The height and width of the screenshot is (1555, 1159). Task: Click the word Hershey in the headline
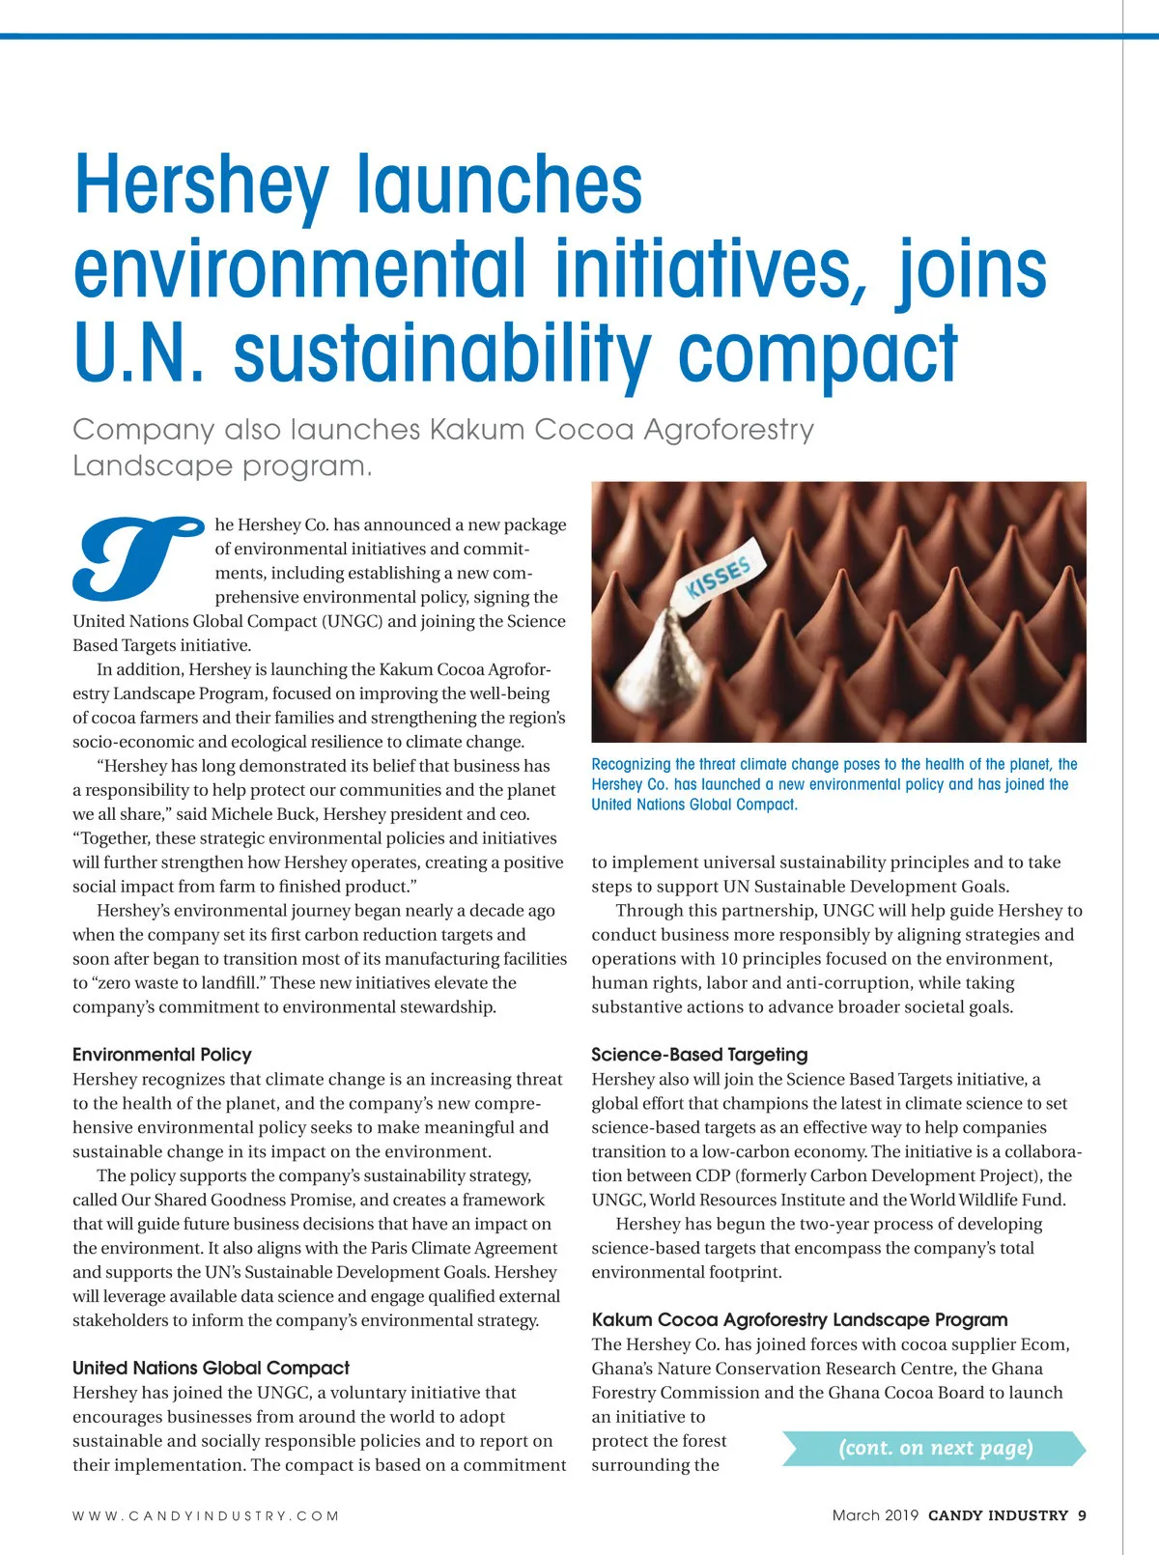[201, 185]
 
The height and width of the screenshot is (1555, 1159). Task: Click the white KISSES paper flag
[720, 579]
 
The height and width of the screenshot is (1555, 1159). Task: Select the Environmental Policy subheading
[161, 1055]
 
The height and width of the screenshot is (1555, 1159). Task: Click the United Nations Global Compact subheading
[211, 1368]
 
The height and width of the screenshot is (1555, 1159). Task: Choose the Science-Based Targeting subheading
[699, 1055]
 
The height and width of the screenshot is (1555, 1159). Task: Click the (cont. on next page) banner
[935, 1448]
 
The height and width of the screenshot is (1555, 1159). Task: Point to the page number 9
[1082, 1515]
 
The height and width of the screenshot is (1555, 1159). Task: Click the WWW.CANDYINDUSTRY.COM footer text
[206, 1516]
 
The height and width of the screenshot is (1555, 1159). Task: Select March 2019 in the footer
[875, 1515]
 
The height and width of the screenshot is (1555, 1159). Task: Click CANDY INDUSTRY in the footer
[998, 1515]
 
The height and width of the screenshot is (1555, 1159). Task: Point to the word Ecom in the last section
[1045, 1344]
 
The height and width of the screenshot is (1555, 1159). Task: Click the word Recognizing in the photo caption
[631, 764]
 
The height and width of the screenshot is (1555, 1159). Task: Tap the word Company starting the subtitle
[143, 429]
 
